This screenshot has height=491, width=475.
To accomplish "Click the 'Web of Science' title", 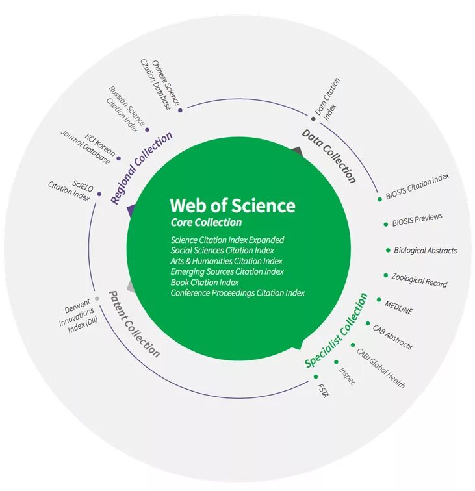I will coord(232,206).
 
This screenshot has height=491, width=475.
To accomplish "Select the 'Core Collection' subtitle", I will coord(206,223).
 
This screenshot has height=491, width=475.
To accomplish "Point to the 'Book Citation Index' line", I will coord(205,283).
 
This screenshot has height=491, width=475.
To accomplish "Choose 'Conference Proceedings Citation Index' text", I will coord(238,293).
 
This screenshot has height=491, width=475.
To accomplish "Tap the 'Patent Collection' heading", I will coord(134,323).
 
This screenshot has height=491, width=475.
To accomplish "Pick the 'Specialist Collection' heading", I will coord(337,331).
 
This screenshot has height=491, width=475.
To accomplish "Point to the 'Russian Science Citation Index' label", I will coord(124,109).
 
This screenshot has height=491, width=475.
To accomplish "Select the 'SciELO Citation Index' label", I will coord(70,189).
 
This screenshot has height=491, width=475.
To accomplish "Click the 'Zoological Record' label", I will coord(419,280).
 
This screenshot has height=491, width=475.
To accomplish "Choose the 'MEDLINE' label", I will coord(398,306).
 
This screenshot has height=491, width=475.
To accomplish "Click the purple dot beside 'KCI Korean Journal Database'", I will coord(119,158).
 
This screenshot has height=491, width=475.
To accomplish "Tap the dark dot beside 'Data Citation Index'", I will coord(313,119).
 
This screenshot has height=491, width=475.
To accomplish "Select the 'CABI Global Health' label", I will coord(381,368).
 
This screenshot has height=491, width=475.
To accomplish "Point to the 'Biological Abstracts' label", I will coord(425,250).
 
